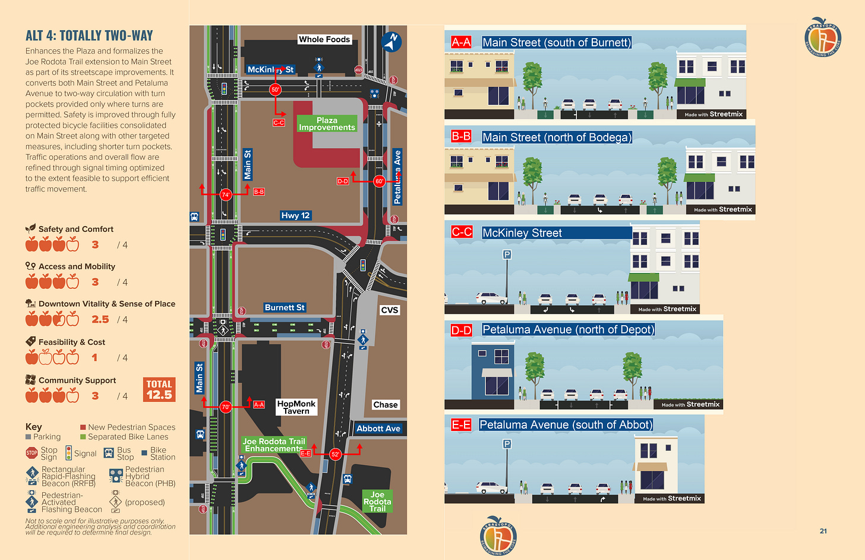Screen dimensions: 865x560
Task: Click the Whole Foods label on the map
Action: click(x=324, y=39)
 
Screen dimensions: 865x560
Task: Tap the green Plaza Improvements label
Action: click(x=327, y=124)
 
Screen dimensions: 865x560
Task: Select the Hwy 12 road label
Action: click(x=295, y=215)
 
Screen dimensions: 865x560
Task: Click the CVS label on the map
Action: click(x=390, y=310)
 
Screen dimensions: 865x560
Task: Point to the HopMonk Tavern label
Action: click(x=296, y=407)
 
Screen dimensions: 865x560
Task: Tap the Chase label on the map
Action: click(x=385, y=405)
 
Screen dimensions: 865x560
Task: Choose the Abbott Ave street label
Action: click(x=378, y=428)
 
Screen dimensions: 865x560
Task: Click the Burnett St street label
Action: click(x=285, y=307)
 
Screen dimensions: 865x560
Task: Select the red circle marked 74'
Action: click(x=225, y=194)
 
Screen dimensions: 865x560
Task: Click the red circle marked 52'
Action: click(x=335, y=454)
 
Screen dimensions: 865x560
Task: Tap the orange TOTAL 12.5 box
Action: click(x=159, y=389)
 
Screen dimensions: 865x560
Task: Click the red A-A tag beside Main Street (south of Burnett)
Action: click(x=461, y=42)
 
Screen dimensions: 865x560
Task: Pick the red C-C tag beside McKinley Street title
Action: click(x=462, y=232)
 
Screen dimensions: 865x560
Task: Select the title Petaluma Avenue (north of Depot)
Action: click(x=568, y=329)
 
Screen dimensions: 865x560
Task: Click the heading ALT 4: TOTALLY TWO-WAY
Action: click(x=89, y=36)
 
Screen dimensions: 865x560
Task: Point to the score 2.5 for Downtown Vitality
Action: click(x=100, y=319)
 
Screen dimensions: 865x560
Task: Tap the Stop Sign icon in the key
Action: click(x=31, y=453)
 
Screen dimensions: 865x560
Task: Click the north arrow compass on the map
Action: click(x=392, y=41)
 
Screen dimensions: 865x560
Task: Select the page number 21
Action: click(x=823, y=531)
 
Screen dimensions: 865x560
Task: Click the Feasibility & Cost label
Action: click(x=72, y=342)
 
